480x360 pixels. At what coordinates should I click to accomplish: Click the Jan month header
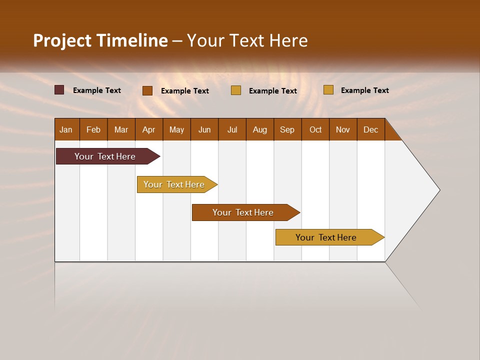pyautogui.click(x=66, y=129)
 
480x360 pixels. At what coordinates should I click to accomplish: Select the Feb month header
pyautogui.click(x=93, y=129)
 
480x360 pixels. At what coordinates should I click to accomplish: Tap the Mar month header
pyautogui.click(x=121, y=129)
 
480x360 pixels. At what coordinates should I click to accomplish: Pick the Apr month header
pyautogui.click(x=149, y=129)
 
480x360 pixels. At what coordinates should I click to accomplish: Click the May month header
pyautogui.click(x=176, y=129)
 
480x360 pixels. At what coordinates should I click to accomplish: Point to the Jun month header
pyautogui.click(x=204, y=129)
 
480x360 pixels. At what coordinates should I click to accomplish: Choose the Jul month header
pyautogui.click(x=232, y=129)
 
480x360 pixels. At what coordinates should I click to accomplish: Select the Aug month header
pyautogui.click(x=260, y=129)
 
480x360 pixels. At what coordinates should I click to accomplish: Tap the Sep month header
pyautogui.click(x=287, y=129)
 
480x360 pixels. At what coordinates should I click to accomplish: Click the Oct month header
pyautogui.click(x=315, y=129)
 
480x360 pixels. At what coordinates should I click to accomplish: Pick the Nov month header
pyautogui.click(x=343, y=129)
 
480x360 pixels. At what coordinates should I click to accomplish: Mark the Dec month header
pyautogui.click(x=371, y=129)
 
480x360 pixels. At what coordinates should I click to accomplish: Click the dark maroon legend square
pyautogui.click(x=59, y=90)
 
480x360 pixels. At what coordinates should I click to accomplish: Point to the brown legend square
pyautogui.click(x=147, y=90)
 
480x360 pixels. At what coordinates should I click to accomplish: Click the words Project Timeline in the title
pyautogui.click(x=100, y=40)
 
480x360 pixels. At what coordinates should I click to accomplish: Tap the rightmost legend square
pyautogui.click(x=328, y=90)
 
